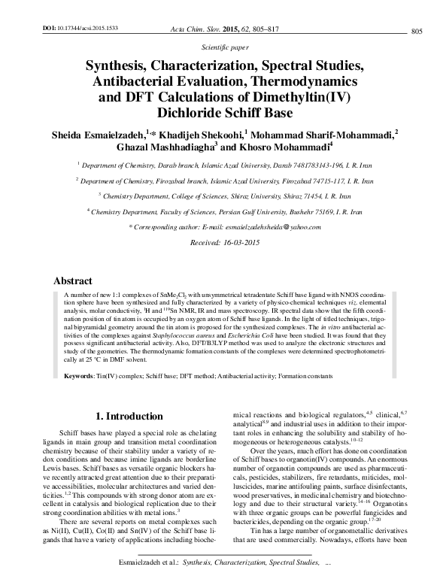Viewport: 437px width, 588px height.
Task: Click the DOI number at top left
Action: pyautogui.click(x=77, y=26)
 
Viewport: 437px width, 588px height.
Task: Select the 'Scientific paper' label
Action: pyautogui.click(x=219, y=46)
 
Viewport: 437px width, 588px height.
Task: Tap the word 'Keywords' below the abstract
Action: pyautogui.click(x=79, y=374)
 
